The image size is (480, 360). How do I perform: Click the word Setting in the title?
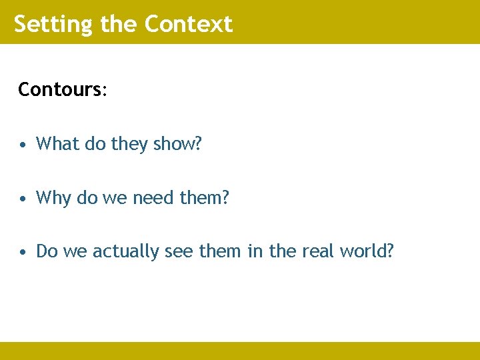(x=54, y=24)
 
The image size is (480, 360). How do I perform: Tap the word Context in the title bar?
(x=188, y=24)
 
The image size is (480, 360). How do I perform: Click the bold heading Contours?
(x=59, y=89)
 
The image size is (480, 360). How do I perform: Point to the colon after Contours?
(x=103, y=91)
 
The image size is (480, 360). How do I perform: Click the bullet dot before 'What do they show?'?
(x=23, y=145)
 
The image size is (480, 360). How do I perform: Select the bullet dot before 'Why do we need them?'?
(x=23, y=199)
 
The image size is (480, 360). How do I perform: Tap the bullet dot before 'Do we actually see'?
(x=23, y=253)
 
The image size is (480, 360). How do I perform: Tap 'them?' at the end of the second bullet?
(x=205, y=198)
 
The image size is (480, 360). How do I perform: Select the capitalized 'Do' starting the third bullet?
(x=46, y=251)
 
